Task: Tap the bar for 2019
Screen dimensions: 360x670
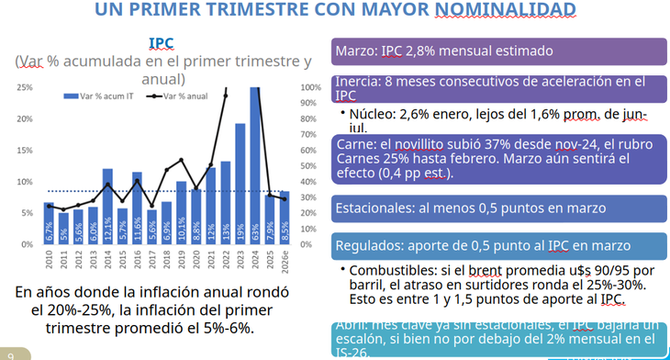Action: tap(182, 213)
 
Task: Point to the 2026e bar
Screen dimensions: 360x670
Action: tap(285, 218)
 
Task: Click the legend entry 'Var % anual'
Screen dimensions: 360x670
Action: tap(189, 95)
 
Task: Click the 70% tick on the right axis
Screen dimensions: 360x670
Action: tap(311, 135)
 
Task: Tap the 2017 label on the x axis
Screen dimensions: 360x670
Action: tap(152, 261)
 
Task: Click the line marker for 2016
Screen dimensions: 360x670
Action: tap(138, 180)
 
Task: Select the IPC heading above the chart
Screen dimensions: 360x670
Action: tap(162, 43)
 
